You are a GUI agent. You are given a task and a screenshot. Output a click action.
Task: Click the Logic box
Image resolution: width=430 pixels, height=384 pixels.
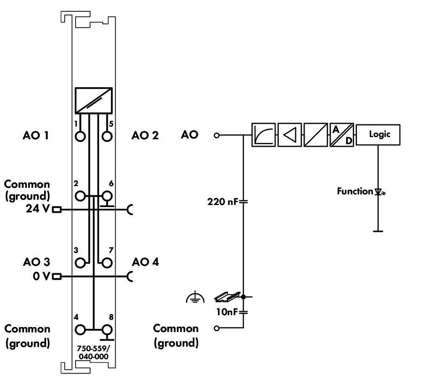(378, 135)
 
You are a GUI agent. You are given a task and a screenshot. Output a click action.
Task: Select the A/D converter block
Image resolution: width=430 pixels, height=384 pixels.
(342, 135)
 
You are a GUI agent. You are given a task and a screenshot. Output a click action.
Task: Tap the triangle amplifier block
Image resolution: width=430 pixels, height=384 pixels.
(289, 135)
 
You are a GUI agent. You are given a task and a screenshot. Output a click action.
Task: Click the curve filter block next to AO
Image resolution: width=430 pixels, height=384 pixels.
(263, 135)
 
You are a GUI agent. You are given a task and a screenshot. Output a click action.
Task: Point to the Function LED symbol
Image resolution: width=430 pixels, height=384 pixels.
(379, 192)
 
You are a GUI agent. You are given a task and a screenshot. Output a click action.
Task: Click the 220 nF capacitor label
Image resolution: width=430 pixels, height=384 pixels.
(222, 202)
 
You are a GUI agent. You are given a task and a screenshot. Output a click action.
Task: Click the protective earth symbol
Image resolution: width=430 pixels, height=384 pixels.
(195, 298)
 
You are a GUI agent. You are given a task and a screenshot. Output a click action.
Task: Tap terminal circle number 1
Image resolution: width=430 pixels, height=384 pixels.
(80, 137)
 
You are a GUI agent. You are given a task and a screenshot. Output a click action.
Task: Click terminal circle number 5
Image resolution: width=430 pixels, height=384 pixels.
(107, 137)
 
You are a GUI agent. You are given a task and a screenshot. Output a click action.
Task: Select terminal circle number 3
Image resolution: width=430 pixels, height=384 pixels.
(80, 263)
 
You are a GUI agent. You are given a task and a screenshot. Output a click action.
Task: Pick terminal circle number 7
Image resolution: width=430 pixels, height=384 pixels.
(107, 263)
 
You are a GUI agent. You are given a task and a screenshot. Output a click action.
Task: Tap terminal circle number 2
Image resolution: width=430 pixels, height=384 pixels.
(80, 196)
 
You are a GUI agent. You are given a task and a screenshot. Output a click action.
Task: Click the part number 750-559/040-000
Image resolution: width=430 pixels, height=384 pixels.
(93, 352)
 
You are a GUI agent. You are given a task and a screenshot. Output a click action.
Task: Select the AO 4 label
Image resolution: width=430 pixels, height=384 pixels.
(145, 262)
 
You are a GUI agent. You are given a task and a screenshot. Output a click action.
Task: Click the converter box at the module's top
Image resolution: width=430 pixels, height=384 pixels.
(94, 100)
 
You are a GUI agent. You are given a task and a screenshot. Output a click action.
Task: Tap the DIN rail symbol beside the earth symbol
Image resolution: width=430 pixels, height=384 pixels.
(227, 297)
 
